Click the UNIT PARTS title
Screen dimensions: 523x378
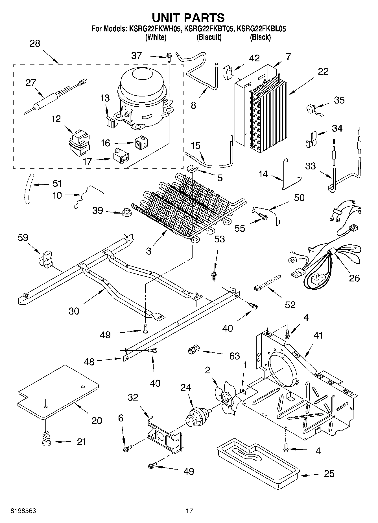pos(188,18)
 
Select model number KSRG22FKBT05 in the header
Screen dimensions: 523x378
pos(209,29)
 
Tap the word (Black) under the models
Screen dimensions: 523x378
pos(260,37)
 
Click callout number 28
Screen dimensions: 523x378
pos(35,44)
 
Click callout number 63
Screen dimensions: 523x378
pos(235,356)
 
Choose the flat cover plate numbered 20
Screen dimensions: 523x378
pos(58,392)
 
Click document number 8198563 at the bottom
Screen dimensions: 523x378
pos(23,511)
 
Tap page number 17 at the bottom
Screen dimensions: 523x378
pos(189,511)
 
